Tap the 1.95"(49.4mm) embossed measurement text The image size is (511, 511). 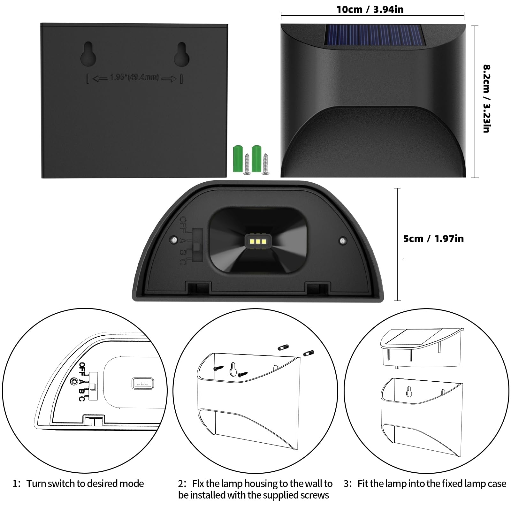[134, 77]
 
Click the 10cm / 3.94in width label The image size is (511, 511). [370, 9]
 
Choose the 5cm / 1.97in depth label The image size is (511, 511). [433, 239]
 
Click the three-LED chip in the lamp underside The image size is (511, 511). [258, 241]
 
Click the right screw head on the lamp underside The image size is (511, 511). [343, 240]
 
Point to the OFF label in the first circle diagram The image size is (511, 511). [82, 369]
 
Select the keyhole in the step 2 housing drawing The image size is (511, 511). [234, 370]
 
